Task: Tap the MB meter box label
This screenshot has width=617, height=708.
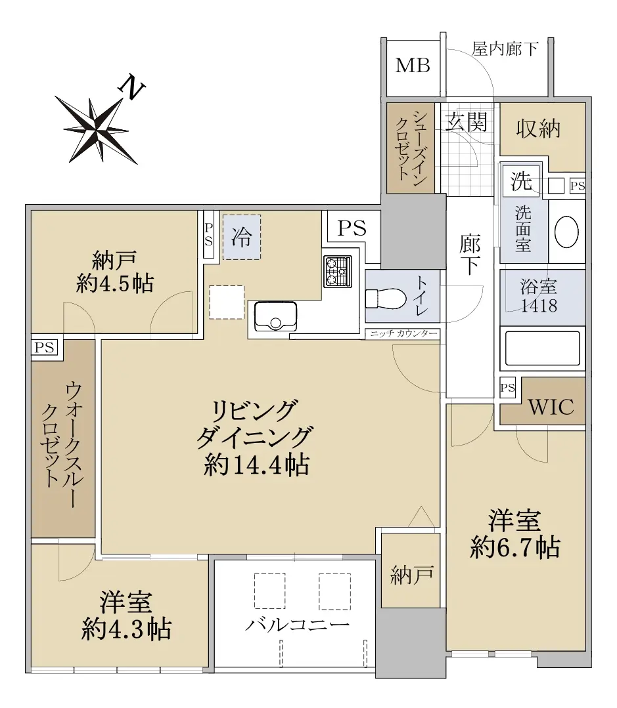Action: [412, 66]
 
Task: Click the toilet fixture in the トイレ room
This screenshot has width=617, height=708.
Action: [386, 299]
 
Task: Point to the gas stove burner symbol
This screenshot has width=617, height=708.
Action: [338, 272]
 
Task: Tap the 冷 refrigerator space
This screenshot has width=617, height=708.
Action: [241, 237]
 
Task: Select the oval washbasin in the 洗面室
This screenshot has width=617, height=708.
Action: [566, 232]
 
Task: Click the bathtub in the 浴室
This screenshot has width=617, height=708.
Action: [542, 348]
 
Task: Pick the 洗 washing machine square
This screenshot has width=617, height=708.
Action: [522, 181]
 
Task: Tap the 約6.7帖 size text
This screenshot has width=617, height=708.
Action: [515, 548]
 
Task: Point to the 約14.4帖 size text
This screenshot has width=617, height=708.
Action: [256, 465]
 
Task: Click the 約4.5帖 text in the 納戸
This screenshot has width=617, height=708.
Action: [115, 283]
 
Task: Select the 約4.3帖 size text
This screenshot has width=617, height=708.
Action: [126, 629]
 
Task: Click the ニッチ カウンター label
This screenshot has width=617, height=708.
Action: [403, 334]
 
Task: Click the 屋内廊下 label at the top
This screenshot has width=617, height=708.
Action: [505, 49]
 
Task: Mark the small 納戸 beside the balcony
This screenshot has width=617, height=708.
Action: [411, 575]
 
